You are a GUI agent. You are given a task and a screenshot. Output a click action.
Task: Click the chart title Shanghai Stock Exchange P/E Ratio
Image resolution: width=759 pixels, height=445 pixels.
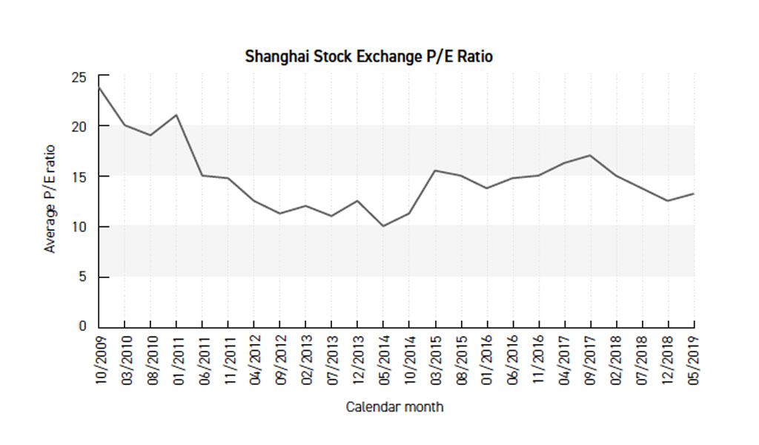(368, 56)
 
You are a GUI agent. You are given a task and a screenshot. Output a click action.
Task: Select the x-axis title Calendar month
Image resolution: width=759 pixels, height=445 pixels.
(395, 407)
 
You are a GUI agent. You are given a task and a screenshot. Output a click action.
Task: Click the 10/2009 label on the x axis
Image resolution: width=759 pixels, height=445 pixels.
(99, 358)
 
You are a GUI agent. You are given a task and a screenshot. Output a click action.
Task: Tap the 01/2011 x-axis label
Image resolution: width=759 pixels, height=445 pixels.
(177, 358)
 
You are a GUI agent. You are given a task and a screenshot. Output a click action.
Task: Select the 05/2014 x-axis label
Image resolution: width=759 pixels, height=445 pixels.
(384, 358)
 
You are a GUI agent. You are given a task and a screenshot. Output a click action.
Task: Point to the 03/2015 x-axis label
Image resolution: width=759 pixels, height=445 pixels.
(436, 358)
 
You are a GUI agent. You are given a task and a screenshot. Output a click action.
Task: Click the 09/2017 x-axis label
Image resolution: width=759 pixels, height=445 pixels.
(591, 358)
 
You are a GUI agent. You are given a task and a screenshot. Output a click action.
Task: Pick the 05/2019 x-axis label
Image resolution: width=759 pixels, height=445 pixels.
(695, 358)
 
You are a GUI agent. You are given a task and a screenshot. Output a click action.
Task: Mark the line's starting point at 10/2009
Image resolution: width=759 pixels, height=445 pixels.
(99, 88)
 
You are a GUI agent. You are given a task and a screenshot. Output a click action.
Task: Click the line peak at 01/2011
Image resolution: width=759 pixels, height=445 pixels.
(176, 115)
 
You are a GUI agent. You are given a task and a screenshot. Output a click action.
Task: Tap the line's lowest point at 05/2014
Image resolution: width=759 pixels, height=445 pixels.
(383, 225)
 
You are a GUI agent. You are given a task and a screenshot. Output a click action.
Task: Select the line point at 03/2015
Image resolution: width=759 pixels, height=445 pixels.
(435, 171)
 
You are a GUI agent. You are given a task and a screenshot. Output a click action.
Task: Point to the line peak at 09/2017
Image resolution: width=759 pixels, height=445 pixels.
(590, 155)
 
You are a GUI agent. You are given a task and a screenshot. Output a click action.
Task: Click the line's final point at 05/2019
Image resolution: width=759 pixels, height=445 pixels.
(694, 194)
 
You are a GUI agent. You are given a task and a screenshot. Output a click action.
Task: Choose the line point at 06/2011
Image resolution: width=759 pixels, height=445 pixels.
(202, 175)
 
